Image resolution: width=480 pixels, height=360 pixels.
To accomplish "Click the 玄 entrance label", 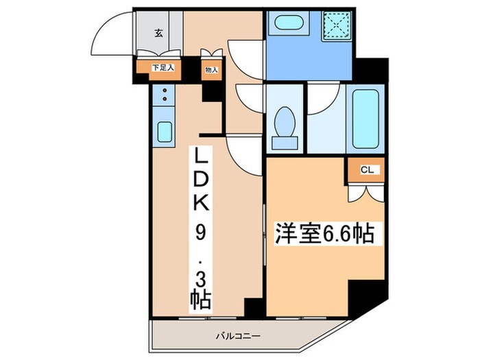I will pyautogui.click(x=158, y=32).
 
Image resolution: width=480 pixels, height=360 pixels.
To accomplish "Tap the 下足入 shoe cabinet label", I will pyautogui.click(x=164, y=68).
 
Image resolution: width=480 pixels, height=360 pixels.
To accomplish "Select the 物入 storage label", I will pyautogui.click(x=211, y=69).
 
